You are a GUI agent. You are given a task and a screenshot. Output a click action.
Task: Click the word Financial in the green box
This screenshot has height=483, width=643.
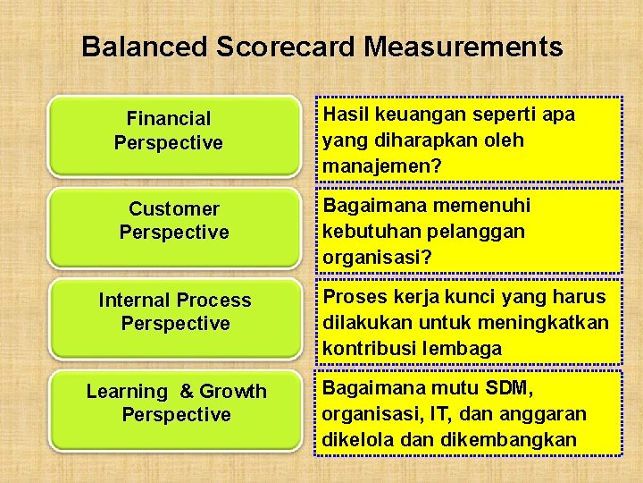coord(169,119)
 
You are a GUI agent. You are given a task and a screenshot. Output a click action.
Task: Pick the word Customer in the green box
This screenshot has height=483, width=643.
coord(174,209)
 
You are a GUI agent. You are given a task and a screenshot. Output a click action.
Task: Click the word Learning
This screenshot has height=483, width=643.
coord(127,392)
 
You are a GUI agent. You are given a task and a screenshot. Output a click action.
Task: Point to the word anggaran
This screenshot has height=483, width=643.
coord(546,414)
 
